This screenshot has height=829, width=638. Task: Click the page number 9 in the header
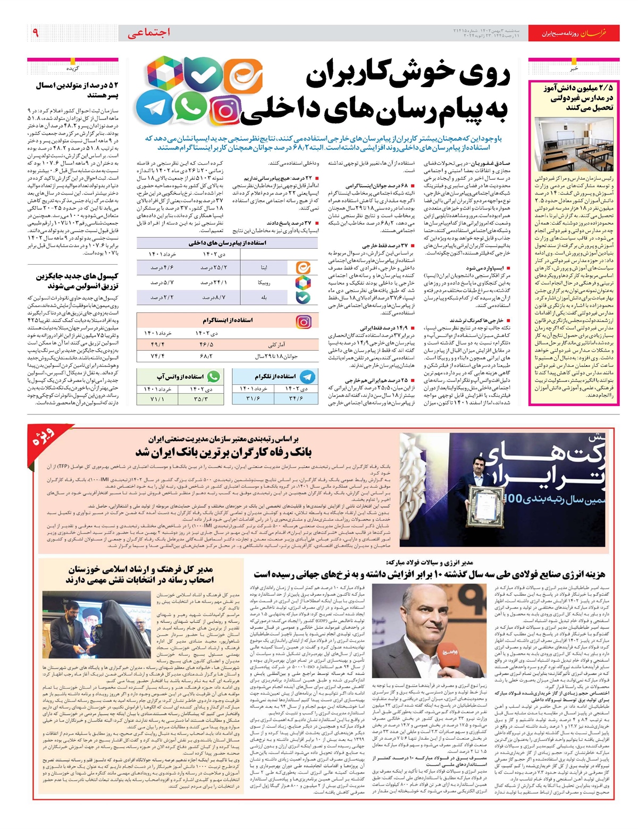35,33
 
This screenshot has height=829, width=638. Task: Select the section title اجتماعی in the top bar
149,32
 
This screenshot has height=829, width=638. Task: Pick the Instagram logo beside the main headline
226,110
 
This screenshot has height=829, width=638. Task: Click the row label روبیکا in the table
264,283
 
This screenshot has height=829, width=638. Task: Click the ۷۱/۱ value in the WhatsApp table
157,399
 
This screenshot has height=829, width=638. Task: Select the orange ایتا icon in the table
303,267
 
